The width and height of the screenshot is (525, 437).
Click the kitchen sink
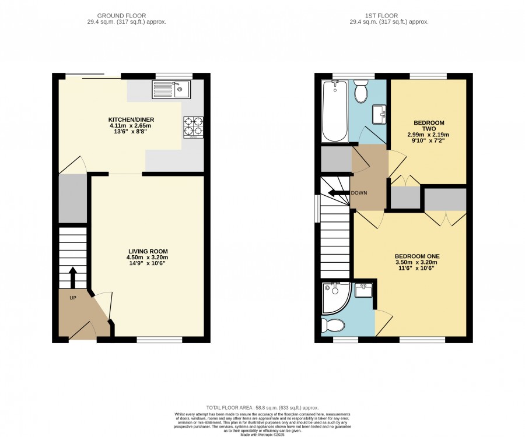point(171,89)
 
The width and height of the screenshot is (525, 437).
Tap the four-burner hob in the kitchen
point(193,128)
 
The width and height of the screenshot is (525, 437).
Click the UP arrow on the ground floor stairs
point(72,277)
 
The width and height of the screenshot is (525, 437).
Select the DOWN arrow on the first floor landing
point(339,193)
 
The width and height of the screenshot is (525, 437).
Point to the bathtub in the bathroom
point(334,111)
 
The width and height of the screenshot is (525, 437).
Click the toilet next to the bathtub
point(360,91)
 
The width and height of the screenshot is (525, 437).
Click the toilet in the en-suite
point(333,325)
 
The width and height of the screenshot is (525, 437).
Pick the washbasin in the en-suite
point(363,290)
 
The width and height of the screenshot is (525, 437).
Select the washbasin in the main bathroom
point(379,114)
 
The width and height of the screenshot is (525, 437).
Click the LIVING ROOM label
point(148,252)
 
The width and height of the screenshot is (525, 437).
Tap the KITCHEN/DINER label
point(131,119)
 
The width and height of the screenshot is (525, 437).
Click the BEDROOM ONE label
point(417,256)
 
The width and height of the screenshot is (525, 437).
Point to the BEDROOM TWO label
point(429,126)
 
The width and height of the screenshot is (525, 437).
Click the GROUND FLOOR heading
point(121,16)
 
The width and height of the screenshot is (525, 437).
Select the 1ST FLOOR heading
point(381,16)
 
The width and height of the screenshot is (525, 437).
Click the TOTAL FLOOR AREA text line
point(262,408)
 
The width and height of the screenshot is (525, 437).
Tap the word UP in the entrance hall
point(73,298)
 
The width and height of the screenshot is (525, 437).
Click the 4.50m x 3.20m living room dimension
point(147,258)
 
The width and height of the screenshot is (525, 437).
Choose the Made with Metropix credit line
point(262,435)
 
